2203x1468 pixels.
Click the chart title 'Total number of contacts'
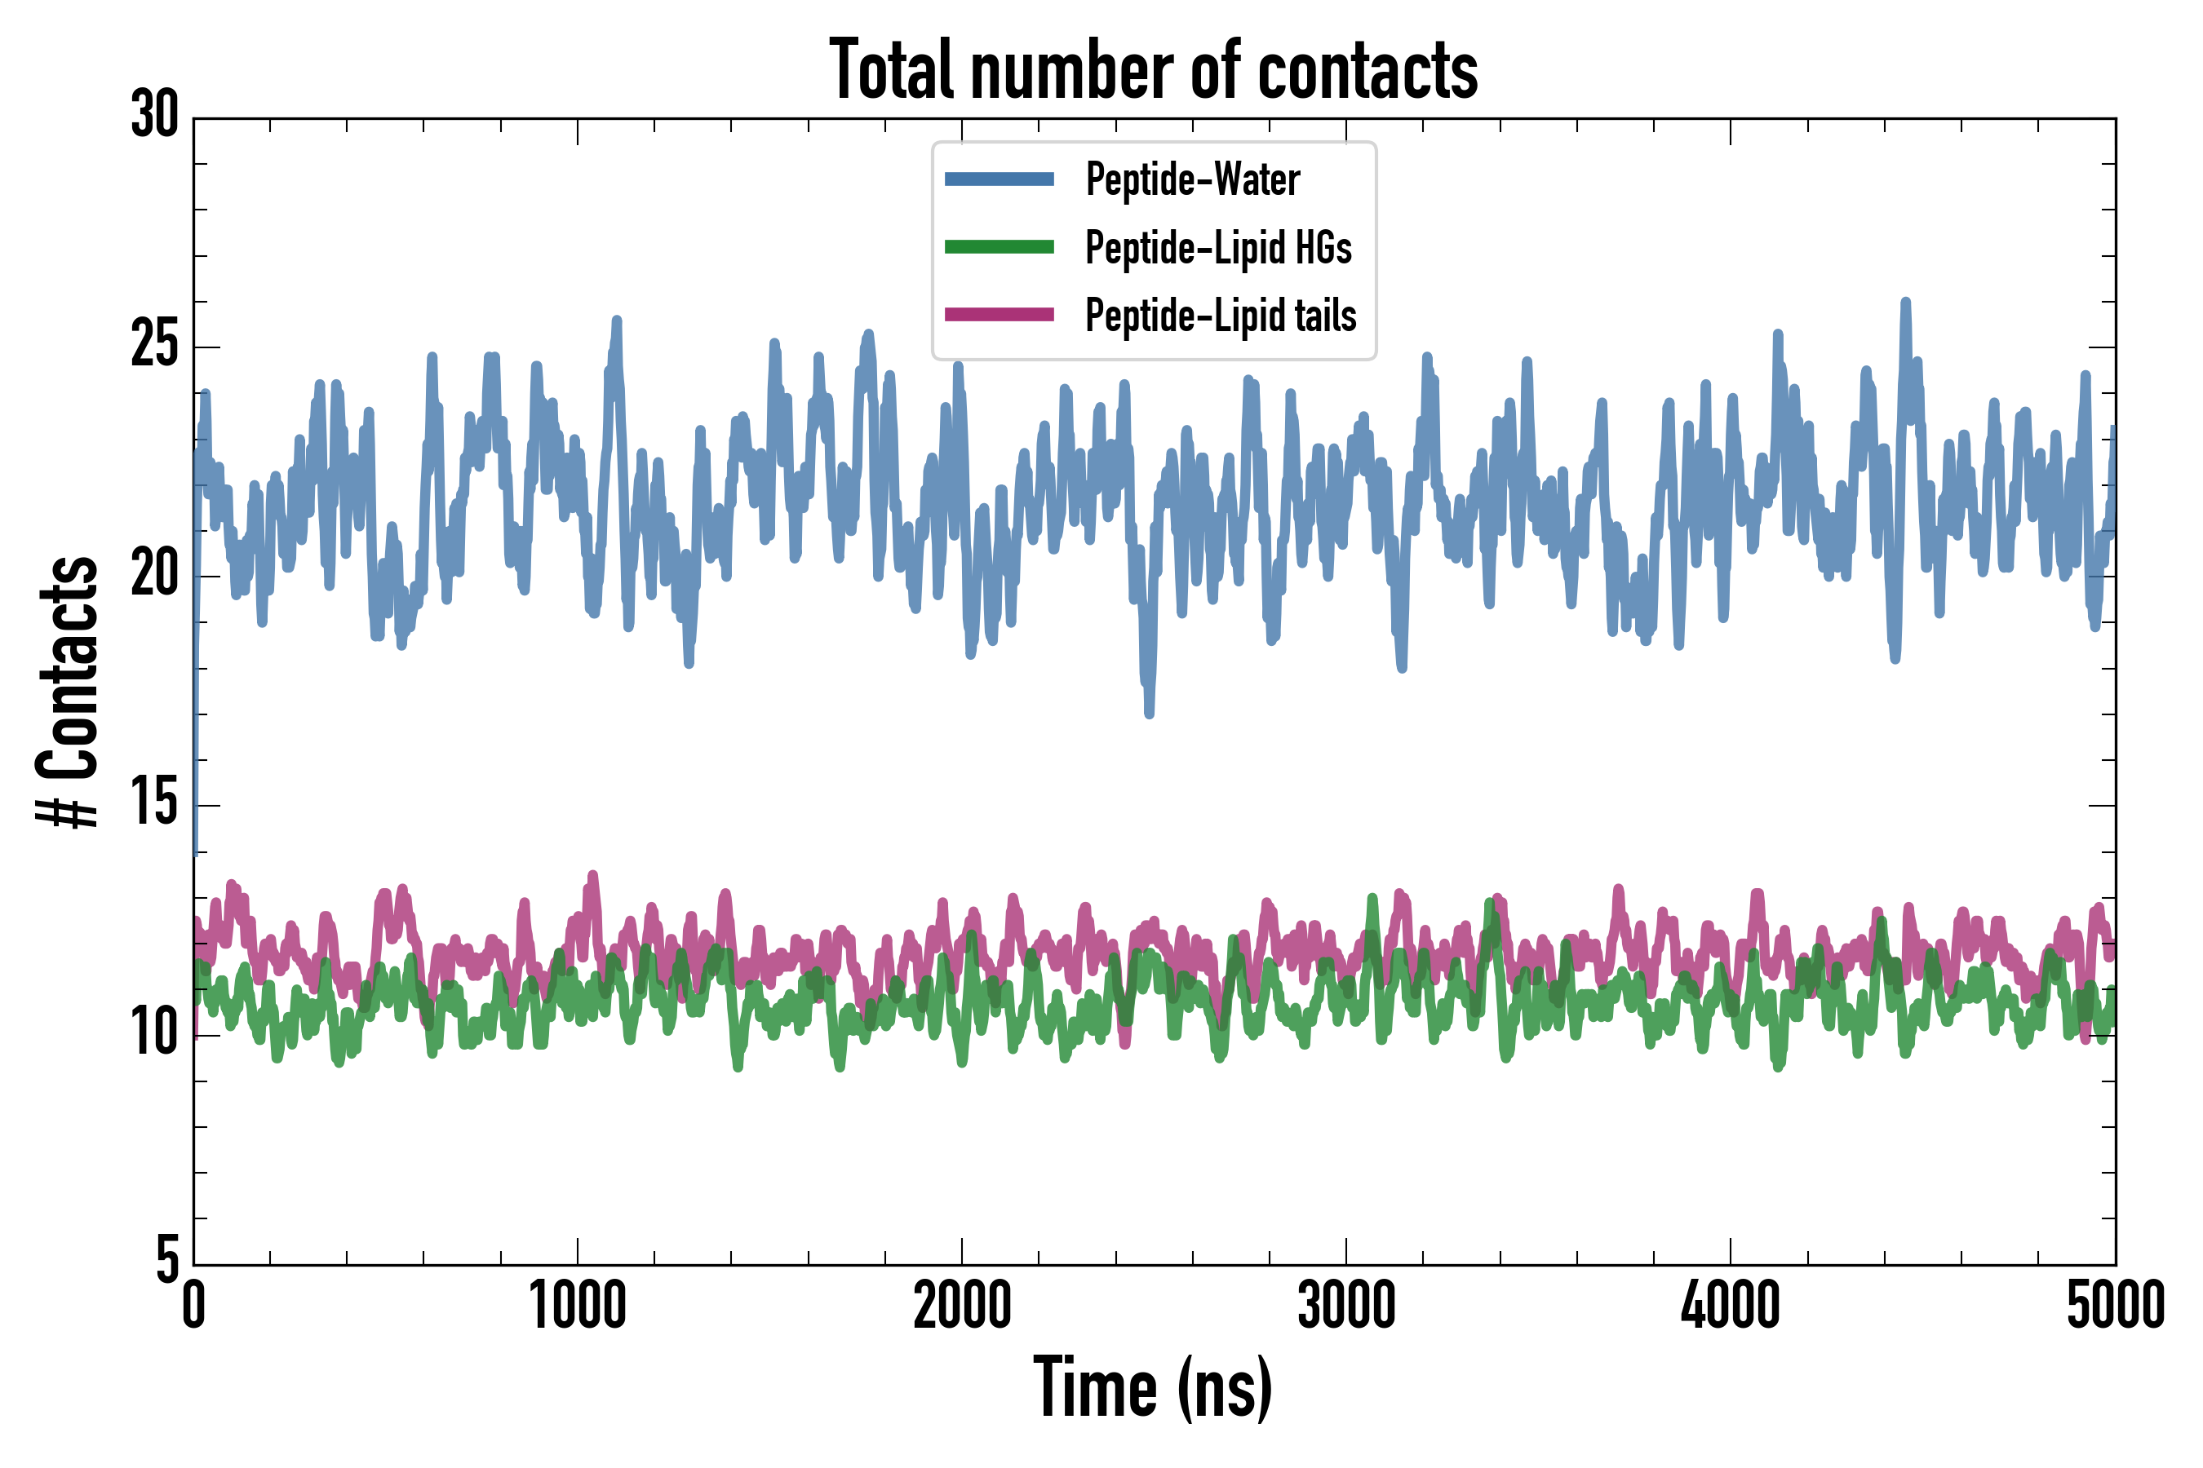(1153, 70)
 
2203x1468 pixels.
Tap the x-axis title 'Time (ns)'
(1153, 1388)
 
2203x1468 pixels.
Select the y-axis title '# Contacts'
(68, 692)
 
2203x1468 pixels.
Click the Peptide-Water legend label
(1192, 179)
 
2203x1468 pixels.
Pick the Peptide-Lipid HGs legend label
(1217, 247)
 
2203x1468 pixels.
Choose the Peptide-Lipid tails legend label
(1221, 315)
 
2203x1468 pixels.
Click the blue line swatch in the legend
(1000, 179)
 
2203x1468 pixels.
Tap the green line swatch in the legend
(1000, 247)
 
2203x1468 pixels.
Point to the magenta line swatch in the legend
(1000, 315)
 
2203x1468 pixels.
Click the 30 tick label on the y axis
(154, 116)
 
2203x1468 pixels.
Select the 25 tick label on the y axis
(154, 346)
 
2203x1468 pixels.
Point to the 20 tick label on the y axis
(154, 575)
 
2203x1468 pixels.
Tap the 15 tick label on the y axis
(154, 804)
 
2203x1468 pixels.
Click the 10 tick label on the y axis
(154, 1033)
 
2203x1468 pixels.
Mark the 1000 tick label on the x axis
(578, 1305)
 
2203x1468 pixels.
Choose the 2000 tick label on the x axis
(962, 1305)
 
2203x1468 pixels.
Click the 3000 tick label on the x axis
(1346, 1305)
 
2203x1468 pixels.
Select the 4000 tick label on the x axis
(1730, 1305)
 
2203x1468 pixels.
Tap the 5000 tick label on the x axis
(2115, 1305)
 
